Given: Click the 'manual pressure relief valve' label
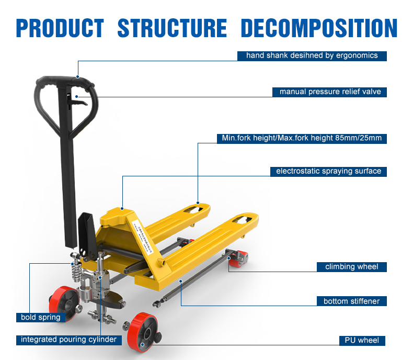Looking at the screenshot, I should pos(330,92).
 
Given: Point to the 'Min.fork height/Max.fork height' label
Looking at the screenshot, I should pos(302,139).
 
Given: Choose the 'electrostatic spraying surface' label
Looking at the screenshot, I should pos(328,171).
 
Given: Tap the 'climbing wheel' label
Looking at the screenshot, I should pos(352,267).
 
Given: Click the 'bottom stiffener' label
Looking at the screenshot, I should pos(351,301).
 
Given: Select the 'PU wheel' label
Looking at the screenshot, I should pos(362,341).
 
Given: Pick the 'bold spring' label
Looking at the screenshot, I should pos(41,317).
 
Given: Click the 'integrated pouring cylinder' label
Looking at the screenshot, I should pos(68,340).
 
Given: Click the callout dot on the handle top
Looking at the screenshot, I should pos(78,77).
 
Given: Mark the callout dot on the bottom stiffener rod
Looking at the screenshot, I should pos(181,281).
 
